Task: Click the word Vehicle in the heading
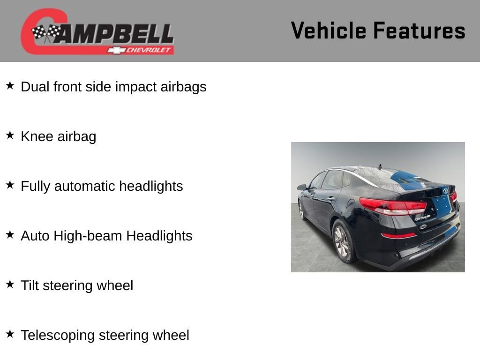tap(329, 30)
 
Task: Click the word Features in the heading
tap(420, 30)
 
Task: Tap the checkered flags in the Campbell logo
tap(46, 32)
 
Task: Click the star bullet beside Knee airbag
tap(10, 135)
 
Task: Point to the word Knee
tap(37, 136)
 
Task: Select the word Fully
tap(35, 187)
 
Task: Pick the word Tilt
tap(30, 285)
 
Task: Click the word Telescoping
tap(58, 336)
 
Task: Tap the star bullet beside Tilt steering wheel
tap(10, 284)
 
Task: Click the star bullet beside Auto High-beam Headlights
tap(10, 234)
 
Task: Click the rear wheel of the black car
tap(343, 241)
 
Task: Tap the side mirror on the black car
tap(302, 187)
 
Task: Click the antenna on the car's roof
tap(380, 166)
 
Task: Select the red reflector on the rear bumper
tap(398, 235)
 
